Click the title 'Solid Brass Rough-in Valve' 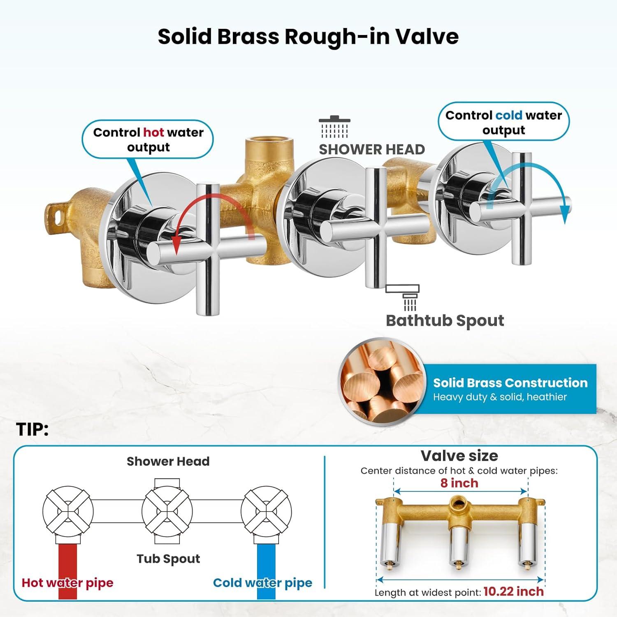(x=308, y=37)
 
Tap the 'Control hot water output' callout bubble (x=148, y=139)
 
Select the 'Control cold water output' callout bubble (x=503, y=122)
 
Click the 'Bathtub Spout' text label (x=445, y=321)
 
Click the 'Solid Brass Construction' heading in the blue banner (x=510, y=383)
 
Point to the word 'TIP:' (x=32, y=429)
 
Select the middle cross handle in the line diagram (x=167, y=512)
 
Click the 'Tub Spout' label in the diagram (x=168, y=559)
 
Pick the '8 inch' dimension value (x=459, y=483)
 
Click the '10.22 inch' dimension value (x=513, y=591)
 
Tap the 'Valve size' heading (x=459, y=456)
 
